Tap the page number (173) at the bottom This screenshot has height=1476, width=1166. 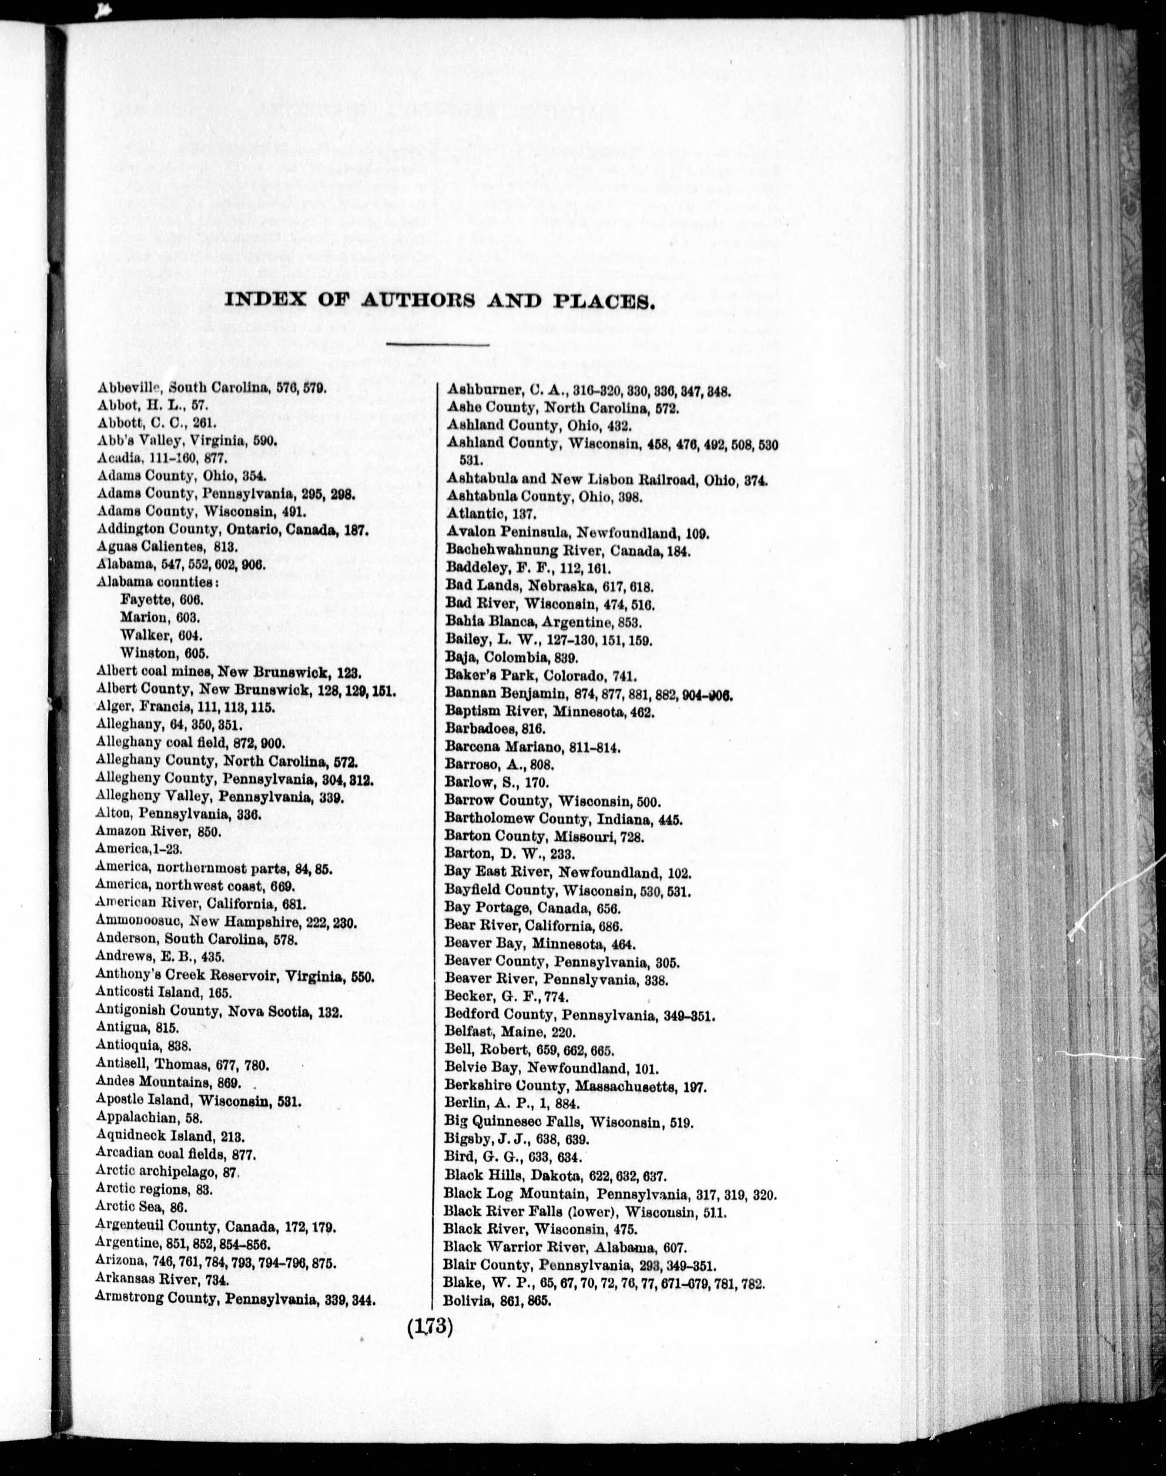click(x=429, y=1326)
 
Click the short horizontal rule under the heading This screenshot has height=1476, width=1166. click(x=437, y=345)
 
